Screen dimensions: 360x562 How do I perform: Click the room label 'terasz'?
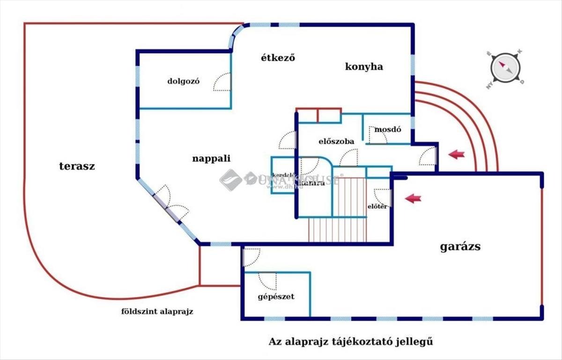77,166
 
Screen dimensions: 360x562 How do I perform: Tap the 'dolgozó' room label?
184,81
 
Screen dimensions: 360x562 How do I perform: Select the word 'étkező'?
280,58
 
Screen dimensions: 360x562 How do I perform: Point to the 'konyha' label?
364,67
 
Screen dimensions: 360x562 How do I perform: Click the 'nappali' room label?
212,158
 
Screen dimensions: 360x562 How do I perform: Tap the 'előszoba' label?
336,141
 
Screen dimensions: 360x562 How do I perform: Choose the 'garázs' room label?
460,247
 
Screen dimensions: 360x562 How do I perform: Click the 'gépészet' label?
276,296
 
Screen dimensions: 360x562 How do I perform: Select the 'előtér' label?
377,206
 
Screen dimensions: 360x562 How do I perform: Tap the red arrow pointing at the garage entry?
413,199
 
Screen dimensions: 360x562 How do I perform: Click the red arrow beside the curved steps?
456,154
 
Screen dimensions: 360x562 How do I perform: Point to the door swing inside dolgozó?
222,82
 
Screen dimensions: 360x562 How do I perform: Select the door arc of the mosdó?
377,135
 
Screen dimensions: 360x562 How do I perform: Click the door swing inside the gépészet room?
268,280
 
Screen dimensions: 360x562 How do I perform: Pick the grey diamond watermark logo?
230,180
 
